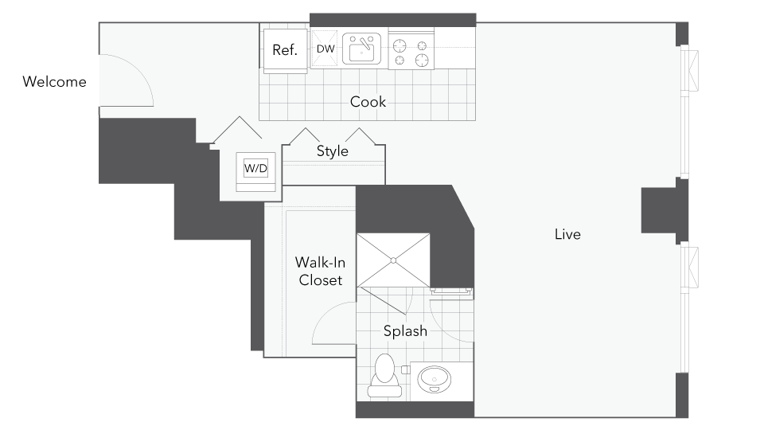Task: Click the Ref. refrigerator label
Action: click(284, 50)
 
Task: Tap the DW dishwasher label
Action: click(325, 49)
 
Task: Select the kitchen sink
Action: click(363, 50)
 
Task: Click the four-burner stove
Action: click(411, 51)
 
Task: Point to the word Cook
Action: click(368, 102)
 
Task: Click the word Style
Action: click(333, 151)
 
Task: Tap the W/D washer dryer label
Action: click(255, 168)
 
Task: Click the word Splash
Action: click(405, 331)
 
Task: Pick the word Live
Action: click(567, 234)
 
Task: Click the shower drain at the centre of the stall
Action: click(393, 260)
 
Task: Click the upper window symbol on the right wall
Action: click(692, 70)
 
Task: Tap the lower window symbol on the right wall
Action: click(692, 268)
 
